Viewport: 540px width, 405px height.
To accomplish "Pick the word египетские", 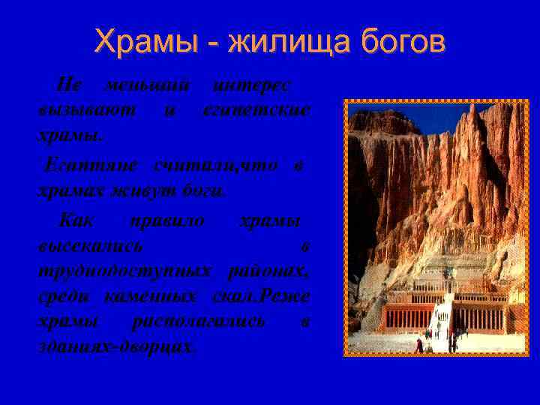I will (x=256, y=111).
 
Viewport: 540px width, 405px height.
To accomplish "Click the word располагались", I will (x=198, y=322).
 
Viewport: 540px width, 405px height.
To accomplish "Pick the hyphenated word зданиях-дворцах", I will (x=116, y=347).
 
